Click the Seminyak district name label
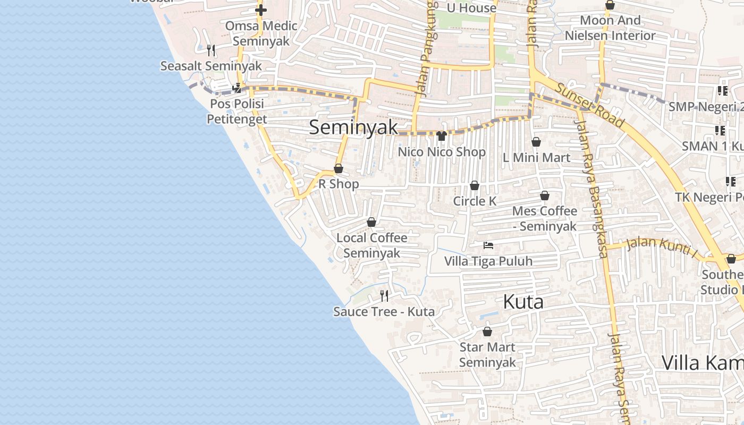[x=353, y=127]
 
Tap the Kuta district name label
[x=523, y=302]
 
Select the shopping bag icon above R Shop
[x=339, y=169]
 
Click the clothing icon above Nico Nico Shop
[x=441, y=136]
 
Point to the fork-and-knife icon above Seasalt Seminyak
[x=211, y=50]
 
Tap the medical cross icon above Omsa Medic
[x=261, y=10]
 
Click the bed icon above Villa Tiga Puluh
[x=488, y=245]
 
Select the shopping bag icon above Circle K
[x=475, y=185]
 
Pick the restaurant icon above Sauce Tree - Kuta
[x=384, y=296]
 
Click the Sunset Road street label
[x=589, y=105]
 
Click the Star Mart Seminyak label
[x=487, y=355]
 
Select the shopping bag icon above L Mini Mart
[x=536, y=142]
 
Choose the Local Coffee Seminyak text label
[x=371, y=245]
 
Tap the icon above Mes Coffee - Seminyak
[x=545, y=196]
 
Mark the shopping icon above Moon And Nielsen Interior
[x=610, y=5]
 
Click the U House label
[x=471, y=8]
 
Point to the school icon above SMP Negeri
[x=722, y=91]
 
